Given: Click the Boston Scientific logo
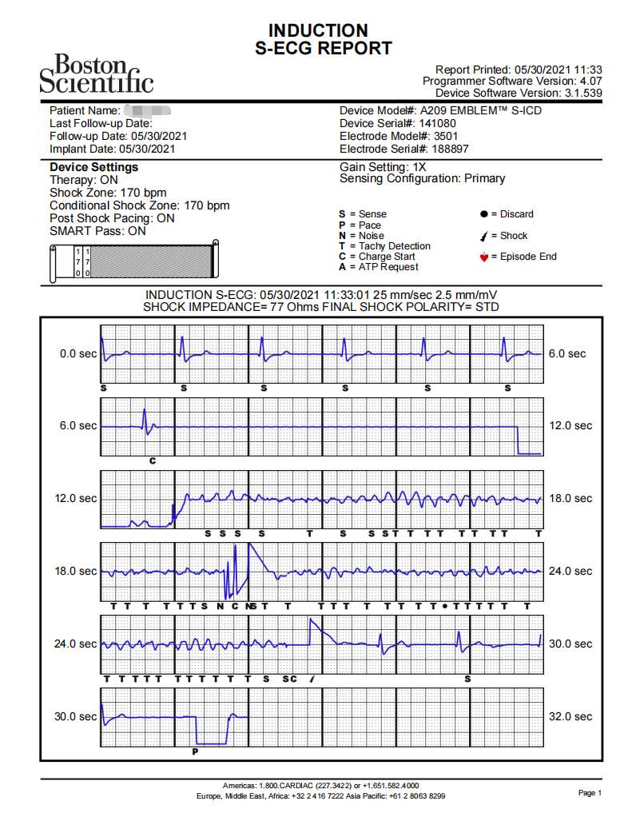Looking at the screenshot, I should coord(96,74).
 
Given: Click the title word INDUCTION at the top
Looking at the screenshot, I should coord(318,30).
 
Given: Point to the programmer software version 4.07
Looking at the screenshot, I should coord(590,82).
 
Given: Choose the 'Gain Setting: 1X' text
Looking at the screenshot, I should coord(384,166).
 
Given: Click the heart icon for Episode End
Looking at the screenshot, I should coord(483,257).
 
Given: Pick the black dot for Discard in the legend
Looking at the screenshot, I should coord(483,214).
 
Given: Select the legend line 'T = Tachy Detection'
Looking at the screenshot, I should coord(384,246).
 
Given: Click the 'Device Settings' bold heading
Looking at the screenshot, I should coord(93,167).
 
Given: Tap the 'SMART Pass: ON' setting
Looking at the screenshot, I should coord(97,231).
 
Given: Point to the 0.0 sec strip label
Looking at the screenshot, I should coord(78,353).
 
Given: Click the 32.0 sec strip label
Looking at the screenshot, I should coord(570,716).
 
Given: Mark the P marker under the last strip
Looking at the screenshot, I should coord(196,751).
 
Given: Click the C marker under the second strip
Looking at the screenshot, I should coord(153,461).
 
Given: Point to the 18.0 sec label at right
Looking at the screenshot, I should coord(570,498).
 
